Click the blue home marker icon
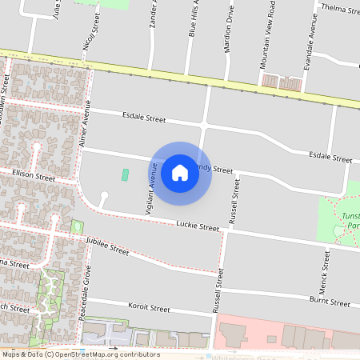coord(180,173)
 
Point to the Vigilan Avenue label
coord(149,195)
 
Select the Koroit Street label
coord(149,307)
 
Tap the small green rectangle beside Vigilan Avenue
coord(125,175)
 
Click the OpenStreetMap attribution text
coord(81,354)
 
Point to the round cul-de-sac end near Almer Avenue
coord(103,195)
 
